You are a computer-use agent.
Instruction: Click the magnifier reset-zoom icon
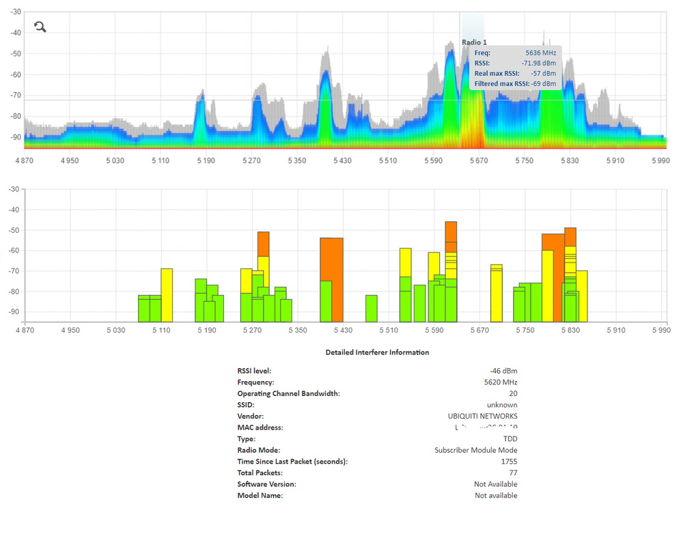40,27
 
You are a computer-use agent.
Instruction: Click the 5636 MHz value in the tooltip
541,53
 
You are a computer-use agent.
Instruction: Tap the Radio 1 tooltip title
475,42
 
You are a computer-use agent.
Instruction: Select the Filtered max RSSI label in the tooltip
501,83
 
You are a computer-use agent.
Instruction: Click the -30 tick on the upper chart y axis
16,12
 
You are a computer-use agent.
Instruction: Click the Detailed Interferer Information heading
377,352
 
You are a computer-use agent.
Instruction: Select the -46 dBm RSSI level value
504,371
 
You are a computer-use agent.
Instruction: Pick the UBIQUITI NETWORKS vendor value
482,416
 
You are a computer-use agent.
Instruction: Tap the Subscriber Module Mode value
476,450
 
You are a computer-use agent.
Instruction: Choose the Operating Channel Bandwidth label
288,393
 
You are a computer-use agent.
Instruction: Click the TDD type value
510,439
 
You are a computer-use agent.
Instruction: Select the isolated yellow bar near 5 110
167,295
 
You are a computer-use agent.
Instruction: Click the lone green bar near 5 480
372,308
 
